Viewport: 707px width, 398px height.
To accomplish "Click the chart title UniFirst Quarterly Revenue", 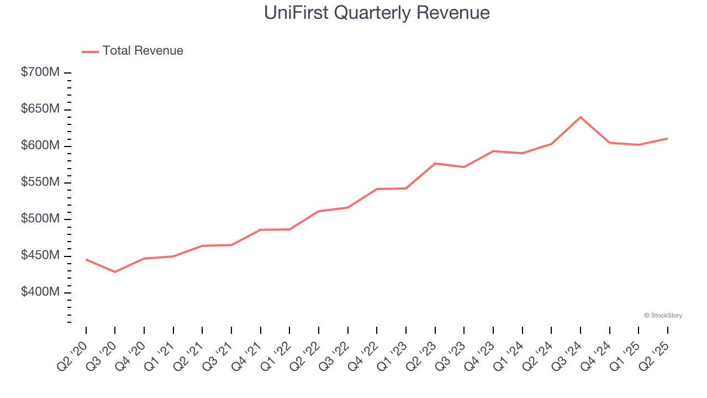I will (377, 13).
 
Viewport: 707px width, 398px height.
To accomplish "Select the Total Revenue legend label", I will (143, 51).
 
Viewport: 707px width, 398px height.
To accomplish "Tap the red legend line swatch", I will (90, 51).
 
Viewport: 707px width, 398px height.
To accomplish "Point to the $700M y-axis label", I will (40, 72).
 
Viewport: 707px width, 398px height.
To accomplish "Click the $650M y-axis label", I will (40, 109).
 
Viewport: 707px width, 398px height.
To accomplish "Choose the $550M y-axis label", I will (40, 182).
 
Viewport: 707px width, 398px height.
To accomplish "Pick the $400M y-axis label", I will (40, 292).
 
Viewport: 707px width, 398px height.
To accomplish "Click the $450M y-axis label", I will (40, 255).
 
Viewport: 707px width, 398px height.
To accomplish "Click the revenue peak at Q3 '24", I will (581, 117).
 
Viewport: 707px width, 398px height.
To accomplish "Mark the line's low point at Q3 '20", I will (115, 272).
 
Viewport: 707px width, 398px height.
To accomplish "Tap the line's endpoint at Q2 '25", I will (667, 138).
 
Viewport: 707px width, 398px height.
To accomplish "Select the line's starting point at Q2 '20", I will (86, 259).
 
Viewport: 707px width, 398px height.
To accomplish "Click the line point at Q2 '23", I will (435, 164).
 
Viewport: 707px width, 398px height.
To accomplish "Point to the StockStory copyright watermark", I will (663, 316).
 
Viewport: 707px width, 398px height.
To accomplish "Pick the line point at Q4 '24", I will (610, 143).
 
